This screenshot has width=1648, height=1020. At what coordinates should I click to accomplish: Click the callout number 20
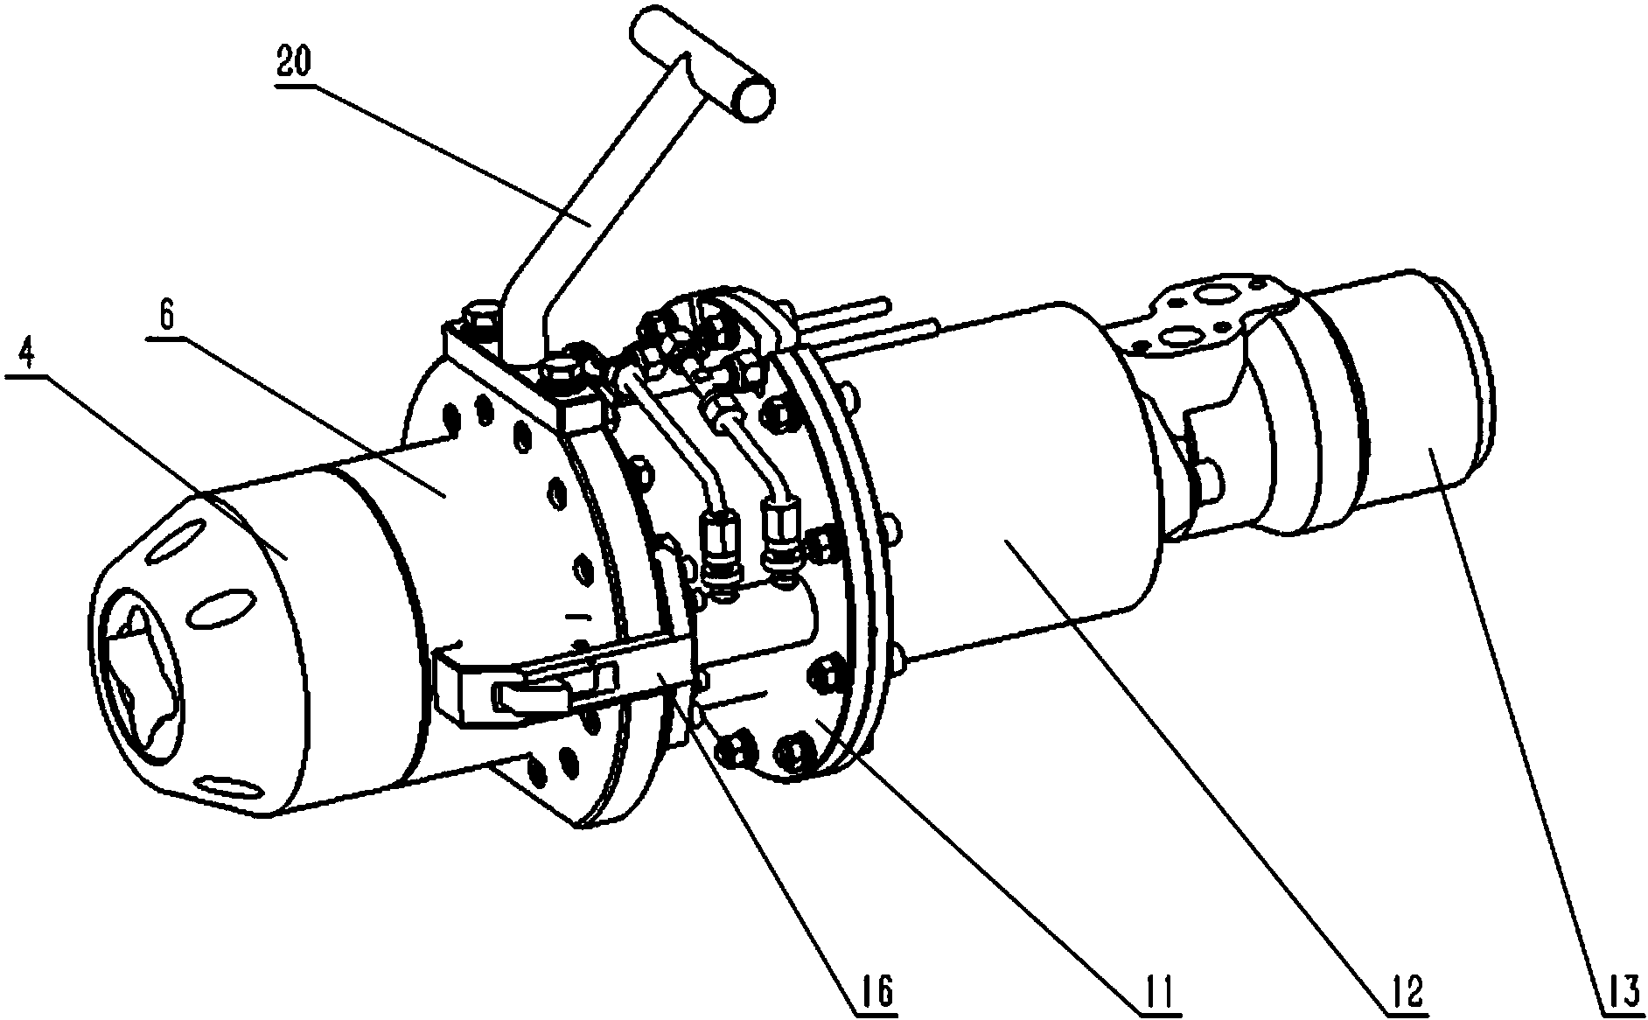pyautogui.click(x=294, y=66)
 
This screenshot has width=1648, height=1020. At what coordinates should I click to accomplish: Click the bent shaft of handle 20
pyautogui.click(x=595, y=219)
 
